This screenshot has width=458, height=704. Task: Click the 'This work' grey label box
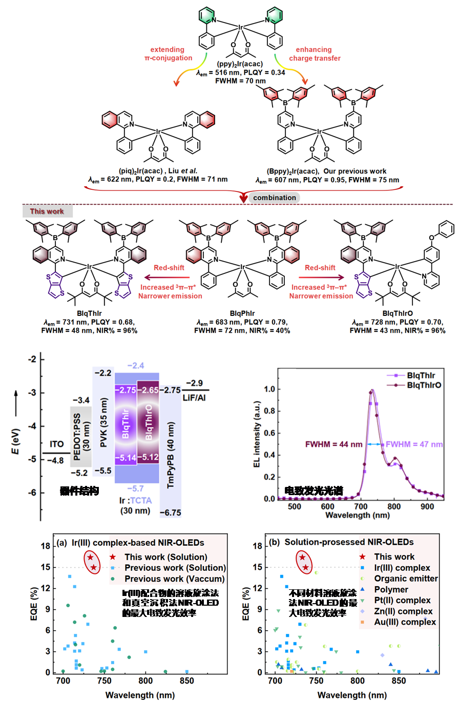pyautogui.click(x=47, y=211)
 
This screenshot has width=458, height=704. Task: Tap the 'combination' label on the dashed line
pyautogui.click(x=274, y=198)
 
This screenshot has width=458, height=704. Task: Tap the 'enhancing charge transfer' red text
pyautogui.click(x=315, y=54)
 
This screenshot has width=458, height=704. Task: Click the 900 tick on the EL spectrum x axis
pyautogui.click(x=427, y=506)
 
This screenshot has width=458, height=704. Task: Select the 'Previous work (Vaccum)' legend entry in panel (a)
pyautogui.click(x=175, y=579)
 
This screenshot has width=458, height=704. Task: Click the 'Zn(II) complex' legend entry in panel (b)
pyautogui.click(x=404, y=611)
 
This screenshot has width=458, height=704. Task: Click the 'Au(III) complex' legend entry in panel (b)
pyautogui.click(x=405, y=622)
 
